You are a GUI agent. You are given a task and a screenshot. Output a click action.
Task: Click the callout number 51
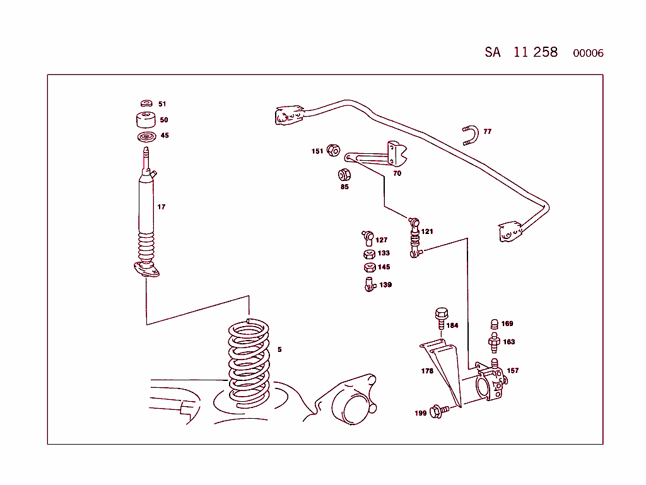[162, 104]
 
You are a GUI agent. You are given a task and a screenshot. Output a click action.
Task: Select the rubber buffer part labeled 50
[146, 120]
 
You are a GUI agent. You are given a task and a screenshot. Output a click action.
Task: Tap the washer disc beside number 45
[146, 137]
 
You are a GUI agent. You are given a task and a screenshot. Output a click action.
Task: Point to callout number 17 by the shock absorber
[161, 207]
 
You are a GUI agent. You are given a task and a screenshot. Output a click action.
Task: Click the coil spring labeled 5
[249, 363]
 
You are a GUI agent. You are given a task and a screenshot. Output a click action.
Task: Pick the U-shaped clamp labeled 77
[471, 135]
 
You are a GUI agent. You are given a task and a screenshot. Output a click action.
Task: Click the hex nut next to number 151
[335, 151]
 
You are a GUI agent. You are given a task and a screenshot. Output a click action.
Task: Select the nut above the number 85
[344, 175]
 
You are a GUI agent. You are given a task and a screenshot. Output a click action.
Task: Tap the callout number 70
[397, 173]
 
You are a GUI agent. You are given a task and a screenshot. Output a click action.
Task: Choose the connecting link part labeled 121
[414, 238]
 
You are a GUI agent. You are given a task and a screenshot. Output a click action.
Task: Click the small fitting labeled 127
[367, 237]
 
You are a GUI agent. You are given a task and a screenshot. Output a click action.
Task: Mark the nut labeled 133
[368, 254]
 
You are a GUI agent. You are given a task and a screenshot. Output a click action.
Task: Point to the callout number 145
[384, 267]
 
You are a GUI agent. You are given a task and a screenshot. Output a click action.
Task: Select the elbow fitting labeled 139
[368, 284]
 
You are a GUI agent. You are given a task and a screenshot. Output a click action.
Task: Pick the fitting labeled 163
[495, 342]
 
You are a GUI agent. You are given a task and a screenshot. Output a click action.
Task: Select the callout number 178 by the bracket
[427, 371]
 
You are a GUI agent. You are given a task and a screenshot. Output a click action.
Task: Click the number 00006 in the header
[588, 54]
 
